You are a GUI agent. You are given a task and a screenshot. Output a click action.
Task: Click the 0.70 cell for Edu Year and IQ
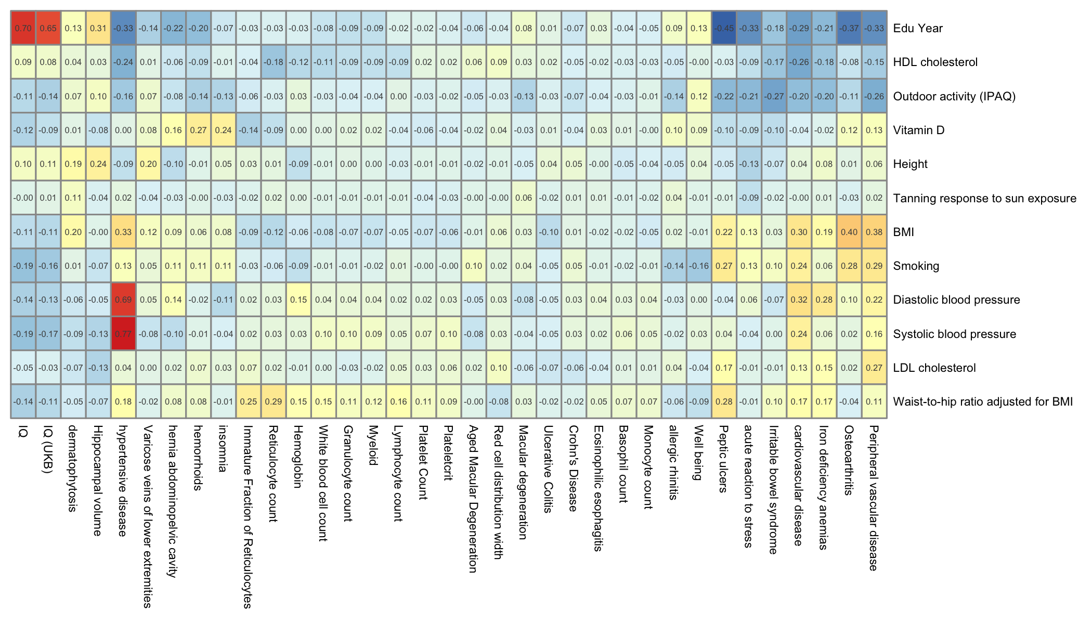click(x=23, y=28)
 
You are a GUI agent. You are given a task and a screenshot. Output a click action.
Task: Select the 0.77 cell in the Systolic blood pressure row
click(x=123, y=334)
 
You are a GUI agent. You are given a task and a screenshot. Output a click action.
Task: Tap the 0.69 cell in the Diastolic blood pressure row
click(x=123, y=300)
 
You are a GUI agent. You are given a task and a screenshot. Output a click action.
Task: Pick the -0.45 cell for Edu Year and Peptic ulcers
click(x=724, y=28)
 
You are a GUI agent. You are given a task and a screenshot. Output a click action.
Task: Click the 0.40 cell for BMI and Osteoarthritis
click(x=849, y=232)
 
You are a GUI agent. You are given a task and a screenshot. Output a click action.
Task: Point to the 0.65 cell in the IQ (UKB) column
click(x=48, y=28)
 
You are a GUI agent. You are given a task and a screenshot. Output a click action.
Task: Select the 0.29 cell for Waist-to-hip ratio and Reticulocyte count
click(x=274, y=401)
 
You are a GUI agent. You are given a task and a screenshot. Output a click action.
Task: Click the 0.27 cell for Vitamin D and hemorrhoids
click(x=198, y=130)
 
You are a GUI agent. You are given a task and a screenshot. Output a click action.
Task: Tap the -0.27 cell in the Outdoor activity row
click(x=774, y=96)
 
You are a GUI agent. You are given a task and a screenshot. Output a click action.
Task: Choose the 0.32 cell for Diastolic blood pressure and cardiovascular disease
click(x=799, y=300)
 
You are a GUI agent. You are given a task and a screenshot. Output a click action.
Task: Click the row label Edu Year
click(x=917, y=28)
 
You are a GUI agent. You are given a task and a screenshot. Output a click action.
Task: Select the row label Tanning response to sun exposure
click(x=984, y=198)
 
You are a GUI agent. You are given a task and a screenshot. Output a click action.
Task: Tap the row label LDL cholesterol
click(x=934, y=368)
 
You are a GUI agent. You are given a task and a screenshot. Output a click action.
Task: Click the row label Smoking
click(x=916, y=266)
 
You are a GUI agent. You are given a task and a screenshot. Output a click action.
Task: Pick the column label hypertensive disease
click(x=123, y=480)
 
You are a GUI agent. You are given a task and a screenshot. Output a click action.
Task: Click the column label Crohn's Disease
click(x=573, y=468)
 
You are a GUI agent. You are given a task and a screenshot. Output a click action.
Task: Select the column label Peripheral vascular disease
click(x=874, y=498)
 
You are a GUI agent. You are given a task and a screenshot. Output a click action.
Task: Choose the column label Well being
click(x=698, y=452)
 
